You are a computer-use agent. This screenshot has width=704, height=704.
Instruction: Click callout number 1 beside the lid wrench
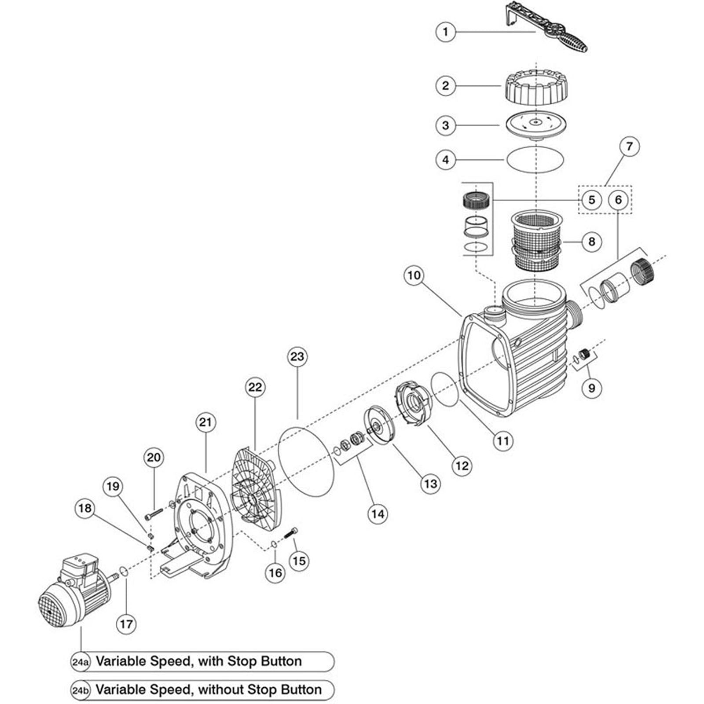click(x=446, y=32)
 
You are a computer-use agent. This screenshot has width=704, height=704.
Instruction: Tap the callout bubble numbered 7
click(x=629, y=146)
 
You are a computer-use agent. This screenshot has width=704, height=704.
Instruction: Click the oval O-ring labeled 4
click(x=535, y=159)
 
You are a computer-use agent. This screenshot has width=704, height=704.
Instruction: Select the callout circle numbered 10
click(x=414, y=275)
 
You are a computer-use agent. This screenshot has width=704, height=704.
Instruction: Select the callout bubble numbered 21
click(x=205, y=422)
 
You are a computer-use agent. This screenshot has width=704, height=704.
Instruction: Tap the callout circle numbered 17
click(x=126, y=624)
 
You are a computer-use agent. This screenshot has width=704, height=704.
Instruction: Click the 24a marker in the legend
click(x=80, y=661)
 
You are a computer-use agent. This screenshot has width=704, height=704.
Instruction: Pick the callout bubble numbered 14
click(x=378, y=513)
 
